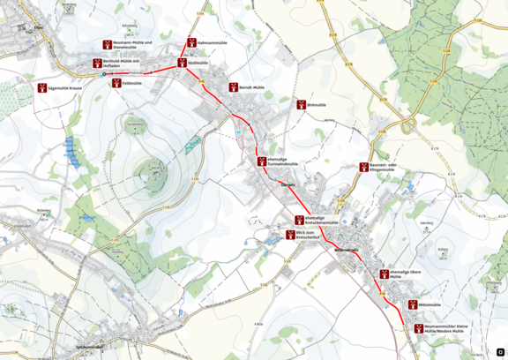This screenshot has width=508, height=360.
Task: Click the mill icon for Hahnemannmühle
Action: click(x=191, y=42)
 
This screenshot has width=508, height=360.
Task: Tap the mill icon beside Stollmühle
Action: click(x=183, y=63)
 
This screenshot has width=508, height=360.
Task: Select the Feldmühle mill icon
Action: click(x=116, y=82)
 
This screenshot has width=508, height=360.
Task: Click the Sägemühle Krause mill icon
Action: click(x=41, y=88)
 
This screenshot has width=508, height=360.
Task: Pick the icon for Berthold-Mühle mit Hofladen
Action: click(x=97, y=62)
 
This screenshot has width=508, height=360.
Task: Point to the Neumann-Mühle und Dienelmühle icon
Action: click(x=107, y=43)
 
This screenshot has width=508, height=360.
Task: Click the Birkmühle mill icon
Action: click(x=300, y=104)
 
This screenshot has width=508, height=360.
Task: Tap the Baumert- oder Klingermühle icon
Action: click(x=363, y=167)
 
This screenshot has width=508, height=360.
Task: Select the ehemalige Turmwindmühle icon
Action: click(x=261, y=161)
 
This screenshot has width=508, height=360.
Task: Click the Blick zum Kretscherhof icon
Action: click(x=289, y=234)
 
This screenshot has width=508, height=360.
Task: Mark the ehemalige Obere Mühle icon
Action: click(x=382, y=274)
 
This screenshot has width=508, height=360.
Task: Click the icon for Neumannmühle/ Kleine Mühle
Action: click(x=418, y=328)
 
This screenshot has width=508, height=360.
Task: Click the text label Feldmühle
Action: click(x=133, y=82)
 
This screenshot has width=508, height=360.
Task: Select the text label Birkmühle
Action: click(x=317, y=104)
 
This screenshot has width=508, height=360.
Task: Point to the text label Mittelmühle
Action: click(x=430, y=304)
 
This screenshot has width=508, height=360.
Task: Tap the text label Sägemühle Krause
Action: click(x=64, y=88)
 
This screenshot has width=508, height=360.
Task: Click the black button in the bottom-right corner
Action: click(x=499, y=351)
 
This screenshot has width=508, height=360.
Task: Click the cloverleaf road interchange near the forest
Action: click(x=407, y=126)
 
